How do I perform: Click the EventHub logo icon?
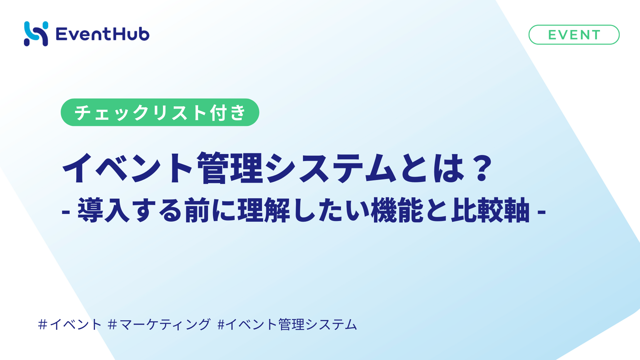36,34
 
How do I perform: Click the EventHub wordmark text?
103,34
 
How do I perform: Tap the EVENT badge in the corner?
574,35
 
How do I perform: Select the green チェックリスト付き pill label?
160,112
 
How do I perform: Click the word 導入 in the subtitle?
104,210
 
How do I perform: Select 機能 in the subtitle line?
398,210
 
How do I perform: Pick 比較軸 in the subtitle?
490,210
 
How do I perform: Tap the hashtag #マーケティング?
159,324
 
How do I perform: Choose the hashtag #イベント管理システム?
287,324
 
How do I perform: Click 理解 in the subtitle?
264,210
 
